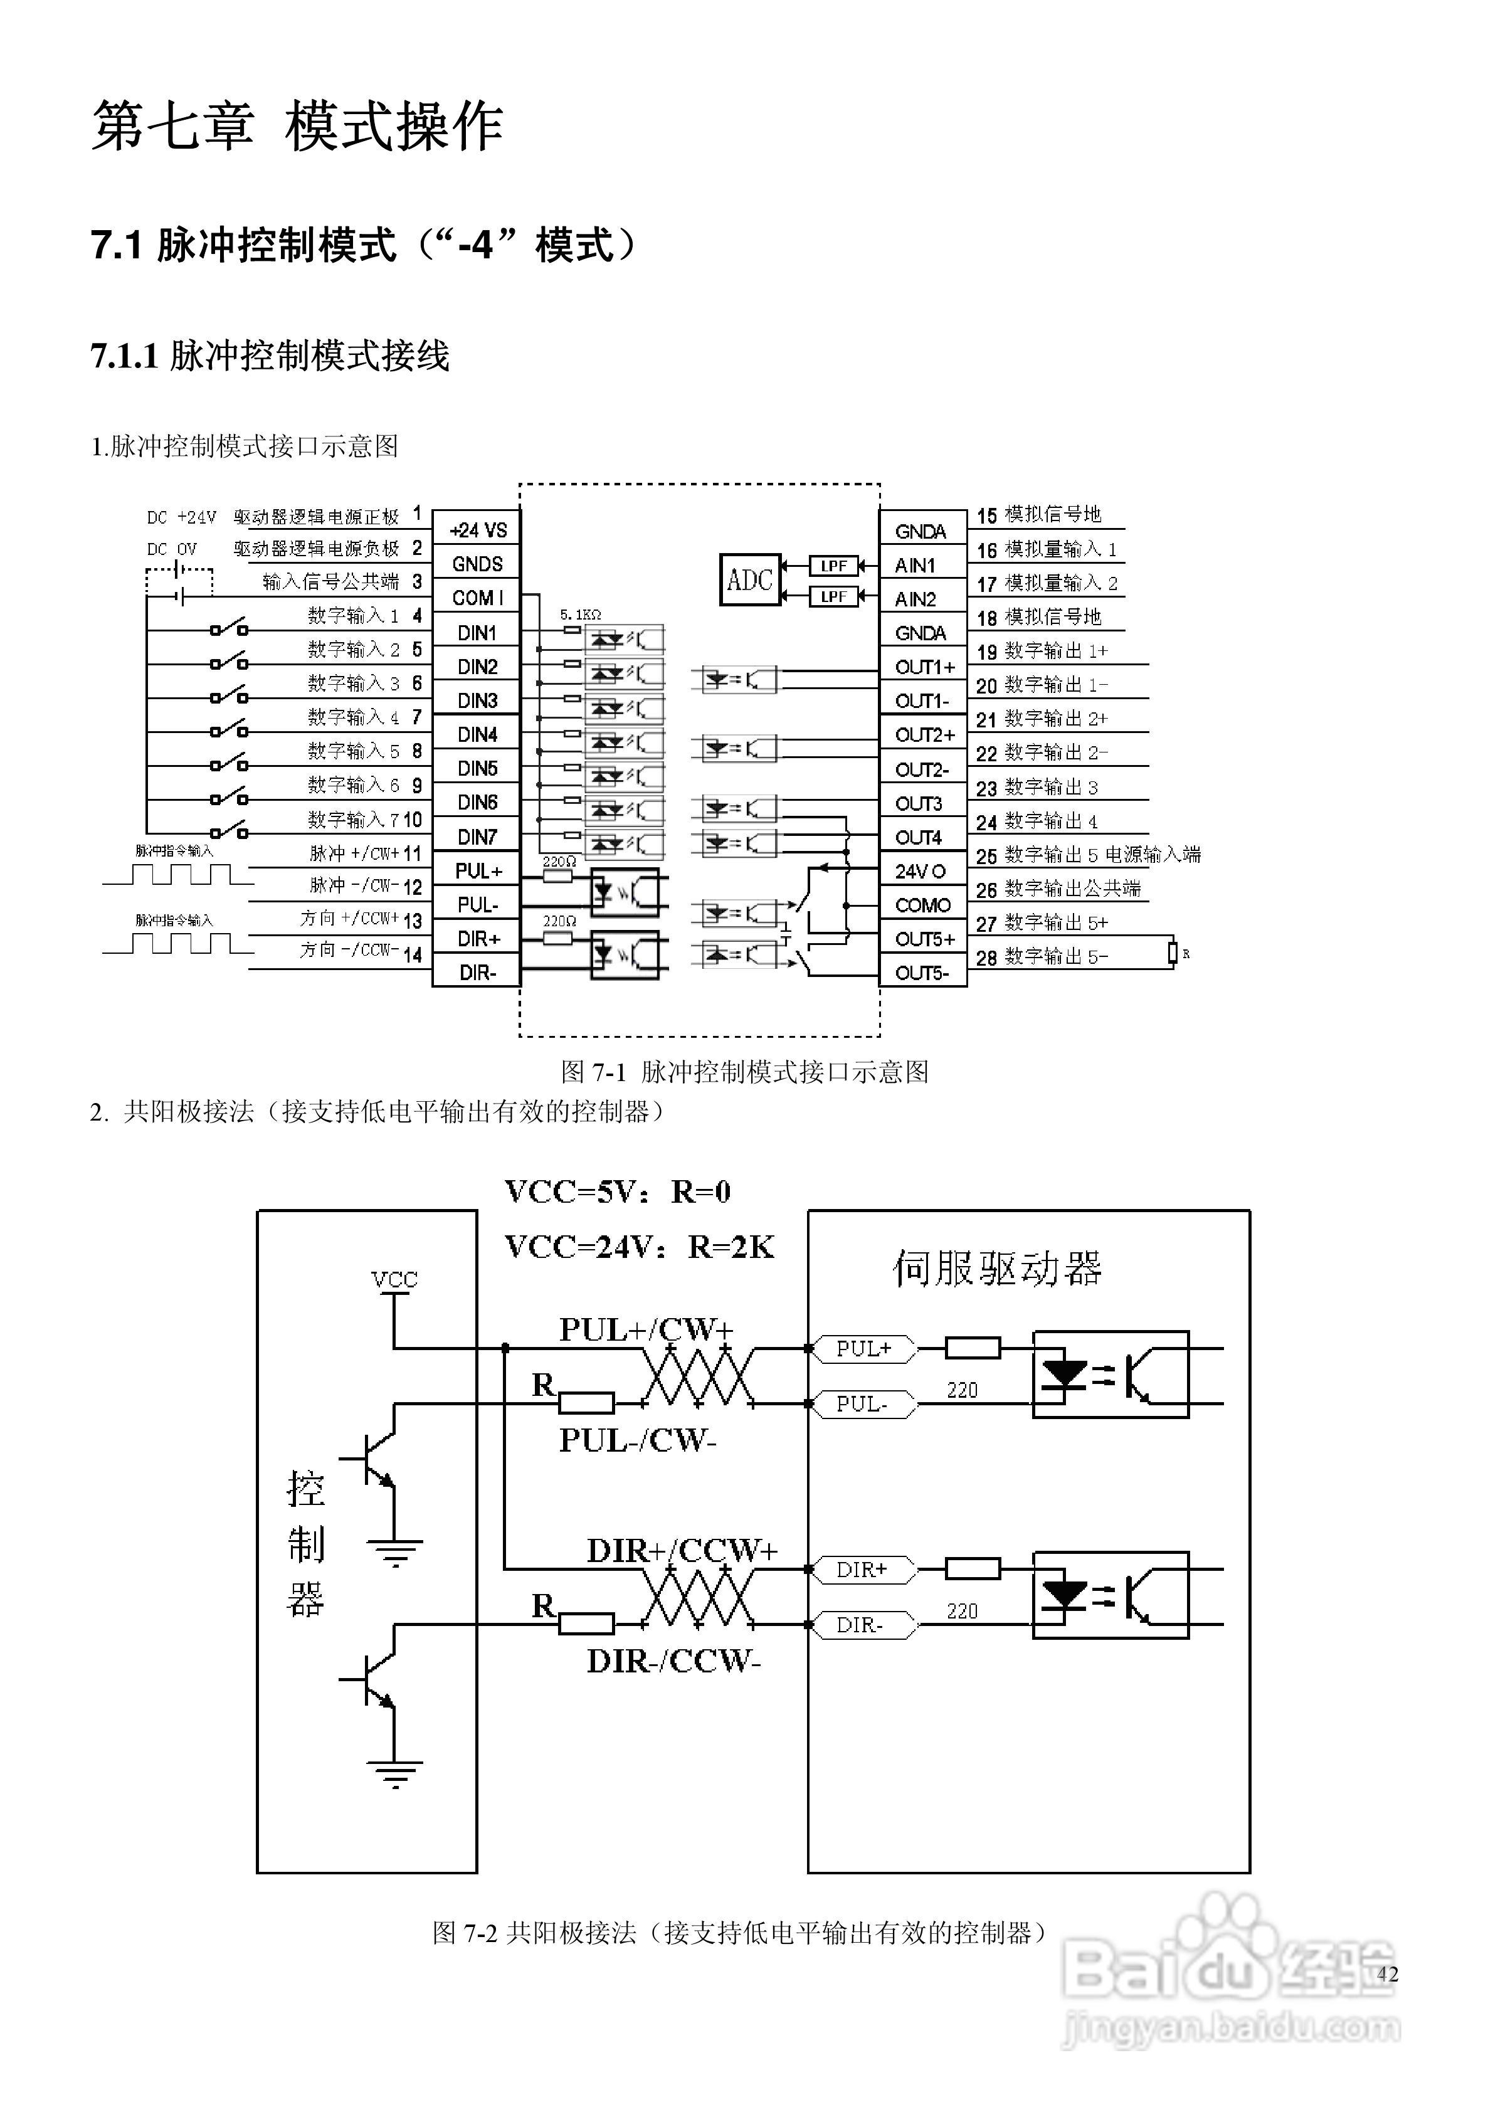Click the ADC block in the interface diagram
point(750,579)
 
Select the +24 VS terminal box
point(477,530)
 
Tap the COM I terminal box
point(477,598)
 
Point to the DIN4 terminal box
point(477,734)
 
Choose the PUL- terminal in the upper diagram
point(477,904)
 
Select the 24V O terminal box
point(922,871)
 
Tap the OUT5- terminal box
point(922,973)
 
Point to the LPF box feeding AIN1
point(833,565)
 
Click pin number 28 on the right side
point(986,958)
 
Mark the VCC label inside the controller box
point(394,1279)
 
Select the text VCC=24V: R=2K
point(640,1247)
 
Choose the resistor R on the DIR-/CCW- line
point(586,1624)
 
